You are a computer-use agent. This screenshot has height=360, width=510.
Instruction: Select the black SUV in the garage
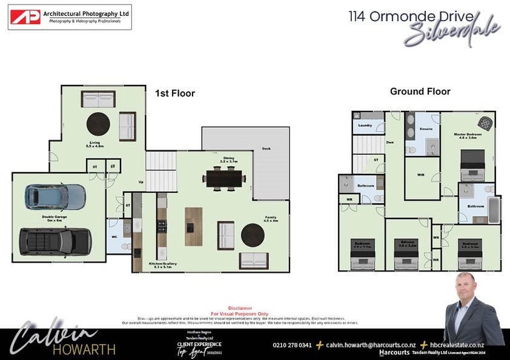point(55,240)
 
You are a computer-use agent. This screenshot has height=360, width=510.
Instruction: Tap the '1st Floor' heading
point(175,93)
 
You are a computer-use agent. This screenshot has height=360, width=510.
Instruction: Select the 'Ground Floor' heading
point(420,92)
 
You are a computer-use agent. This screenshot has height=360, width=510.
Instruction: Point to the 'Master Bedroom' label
point(468,134)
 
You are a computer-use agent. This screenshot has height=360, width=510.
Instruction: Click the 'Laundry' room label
point(365,125)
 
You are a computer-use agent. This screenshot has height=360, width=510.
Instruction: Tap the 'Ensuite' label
point(426,129)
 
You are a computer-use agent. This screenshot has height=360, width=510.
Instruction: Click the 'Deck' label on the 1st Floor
point(266,149)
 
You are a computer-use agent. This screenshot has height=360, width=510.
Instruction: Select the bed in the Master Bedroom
point(472,164)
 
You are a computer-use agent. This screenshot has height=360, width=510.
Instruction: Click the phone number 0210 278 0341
point(292,345)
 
